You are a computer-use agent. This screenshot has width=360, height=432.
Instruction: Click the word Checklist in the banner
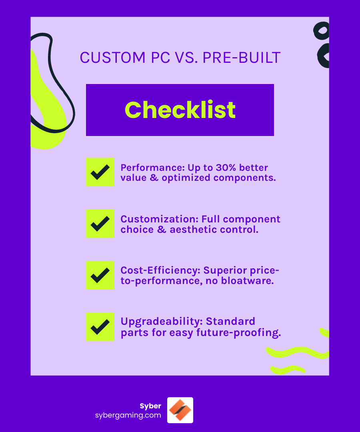(x=180, y=110)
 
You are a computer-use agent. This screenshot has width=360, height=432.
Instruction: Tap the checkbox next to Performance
(x=100, y=172)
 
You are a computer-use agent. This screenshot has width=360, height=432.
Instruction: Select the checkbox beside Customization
(x=100, y=224)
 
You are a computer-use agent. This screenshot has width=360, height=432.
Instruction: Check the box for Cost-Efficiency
(x=100, y=275)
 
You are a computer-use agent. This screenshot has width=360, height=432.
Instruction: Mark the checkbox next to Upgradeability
(x=100, y=327)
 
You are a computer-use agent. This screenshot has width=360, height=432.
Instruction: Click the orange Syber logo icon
(x=180, y=410)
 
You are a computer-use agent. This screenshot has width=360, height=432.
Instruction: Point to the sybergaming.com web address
(x=128, y=415)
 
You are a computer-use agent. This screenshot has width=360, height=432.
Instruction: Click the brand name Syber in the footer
(x=150, y=406)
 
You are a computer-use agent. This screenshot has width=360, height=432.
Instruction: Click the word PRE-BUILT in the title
(x=242, y=58)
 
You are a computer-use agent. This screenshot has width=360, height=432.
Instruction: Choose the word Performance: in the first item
(x=152, y=168)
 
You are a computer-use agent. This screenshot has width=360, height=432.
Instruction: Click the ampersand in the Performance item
(x=154, y=178)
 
